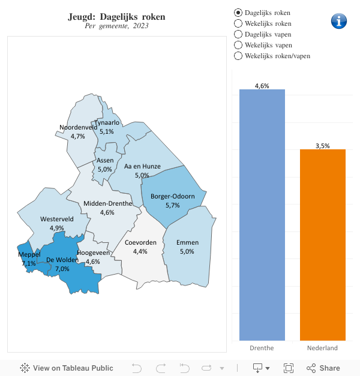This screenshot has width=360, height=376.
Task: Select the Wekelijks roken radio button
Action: [x=238, y=23]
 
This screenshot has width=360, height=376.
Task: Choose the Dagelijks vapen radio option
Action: [x=238, y=34]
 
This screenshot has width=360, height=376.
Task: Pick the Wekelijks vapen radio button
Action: [x=238, y=45]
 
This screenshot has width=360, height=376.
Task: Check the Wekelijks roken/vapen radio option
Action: [x=238, y=56]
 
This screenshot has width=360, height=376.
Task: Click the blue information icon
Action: [x=339, y=20]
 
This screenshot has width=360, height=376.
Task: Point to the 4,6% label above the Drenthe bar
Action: [x=262, y=86]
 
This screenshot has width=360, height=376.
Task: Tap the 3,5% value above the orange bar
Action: [x=323, y=146]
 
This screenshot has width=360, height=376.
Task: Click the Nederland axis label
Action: [x=323, y=348]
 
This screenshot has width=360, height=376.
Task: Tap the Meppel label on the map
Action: [x=29, y=255]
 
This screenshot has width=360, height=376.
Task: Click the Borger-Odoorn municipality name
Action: [x=173, y=196]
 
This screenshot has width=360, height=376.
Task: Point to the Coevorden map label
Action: [x=140, y=242]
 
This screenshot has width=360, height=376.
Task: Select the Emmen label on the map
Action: [x=187, y=242]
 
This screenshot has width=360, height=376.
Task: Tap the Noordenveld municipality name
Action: [x=78, y=127]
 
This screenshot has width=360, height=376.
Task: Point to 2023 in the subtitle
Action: [x=140, y=26]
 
